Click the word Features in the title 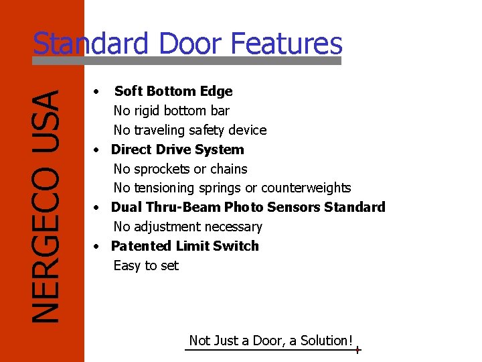pyautogui.click(x=287, y=44)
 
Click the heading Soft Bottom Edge pyautogui.click(x=173, y=91)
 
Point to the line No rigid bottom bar pyautogui.click(x=171, y=111)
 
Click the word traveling pyautogui.click(x=160, y=130)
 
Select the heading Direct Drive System pyautogui.click(x=177, y=149)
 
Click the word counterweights pyautogui.click(x=306, y=188)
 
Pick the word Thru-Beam pyautogui.click(x=187, y=207)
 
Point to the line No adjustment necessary pyautogui.click(x=187, y=227)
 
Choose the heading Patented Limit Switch pyautogui.click(x=185, y=246)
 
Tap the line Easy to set pyautogui.click(x=146, y=265)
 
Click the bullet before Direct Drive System pyautogui.click(x=98, y=149)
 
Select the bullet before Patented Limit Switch pyautogui.click(x=98, y=246)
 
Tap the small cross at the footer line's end pyautogui.click(x=358, y=350)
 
